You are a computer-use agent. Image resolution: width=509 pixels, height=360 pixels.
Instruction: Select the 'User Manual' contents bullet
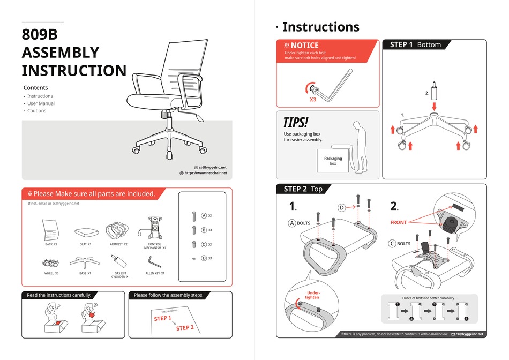41,103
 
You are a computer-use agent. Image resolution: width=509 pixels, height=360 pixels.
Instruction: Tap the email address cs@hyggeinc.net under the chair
213,167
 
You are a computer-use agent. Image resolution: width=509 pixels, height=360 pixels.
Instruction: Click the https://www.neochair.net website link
205,173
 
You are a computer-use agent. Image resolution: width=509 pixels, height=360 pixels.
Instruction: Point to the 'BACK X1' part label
51,244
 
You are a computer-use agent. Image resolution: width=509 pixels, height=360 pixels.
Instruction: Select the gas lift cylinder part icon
119,262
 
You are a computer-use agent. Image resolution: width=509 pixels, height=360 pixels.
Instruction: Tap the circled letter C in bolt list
204,244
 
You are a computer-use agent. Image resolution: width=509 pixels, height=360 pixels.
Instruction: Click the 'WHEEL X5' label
51,273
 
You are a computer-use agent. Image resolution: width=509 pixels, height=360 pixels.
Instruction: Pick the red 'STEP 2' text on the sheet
185,328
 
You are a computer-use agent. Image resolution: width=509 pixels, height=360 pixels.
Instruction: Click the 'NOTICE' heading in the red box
304,46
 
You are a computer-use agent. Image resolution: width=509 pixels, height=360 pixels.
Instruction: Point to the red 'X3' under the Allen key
312,100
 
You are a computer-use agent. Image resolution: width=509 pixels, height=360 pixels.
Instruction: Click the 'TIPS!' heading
296,122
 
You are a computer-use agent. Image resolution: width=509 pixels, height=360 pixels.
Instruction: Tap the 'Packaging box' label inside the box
333,161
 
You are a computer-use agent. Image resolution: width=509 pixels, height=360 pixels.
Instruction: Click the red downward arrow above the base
434,107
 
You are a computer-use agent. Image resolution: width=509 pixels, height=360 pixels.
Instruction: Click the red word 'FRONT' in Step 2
399,222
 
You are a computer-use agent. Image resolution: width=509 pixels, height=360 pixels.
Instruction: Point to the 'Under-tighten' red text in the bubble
312,295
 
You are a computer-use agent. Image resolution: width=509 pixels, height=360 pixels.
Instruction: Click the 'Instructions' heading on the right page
320,27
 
